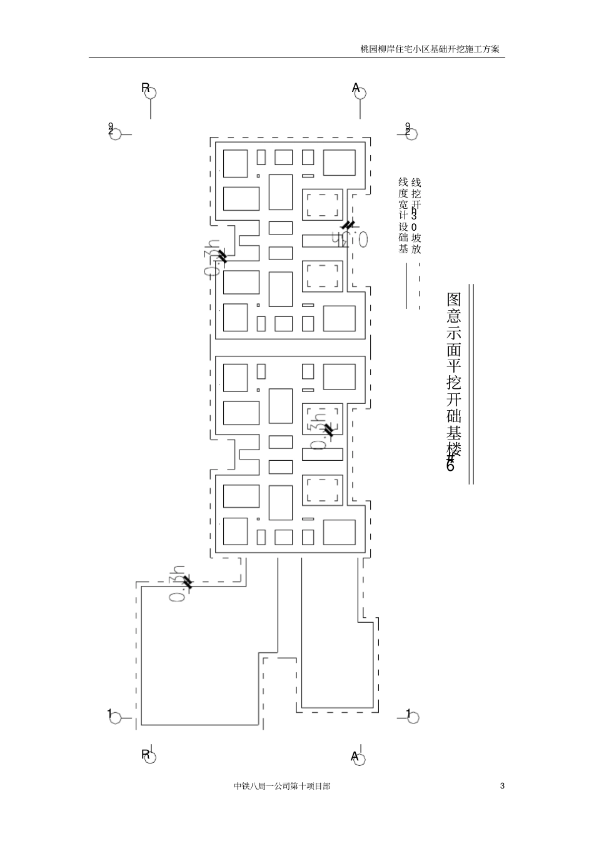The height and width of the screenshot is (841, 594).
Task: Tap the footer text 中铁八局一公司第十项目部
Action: click(x=282, y=786)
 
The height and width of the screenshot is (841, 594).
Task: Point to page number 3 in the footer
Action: click(x=502, y=786)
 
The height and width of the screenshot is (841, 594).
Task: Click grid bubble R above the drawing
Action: click(x=149, y=93)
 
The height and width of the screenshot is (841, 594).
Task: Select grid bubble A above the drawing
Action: click(x=360, y=93)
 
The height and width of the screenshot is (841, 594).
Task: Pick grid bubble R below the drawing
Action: click(x=149, y=756)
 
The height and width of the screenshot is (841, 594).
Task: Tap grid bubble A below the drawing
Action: click(x=359, y=757)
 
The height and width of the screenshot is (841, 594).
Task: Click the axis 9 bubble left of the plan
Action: click(x=115, y=134)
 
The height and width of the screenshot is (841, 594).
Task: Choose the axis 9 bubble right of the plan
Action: click(x=411, y=133)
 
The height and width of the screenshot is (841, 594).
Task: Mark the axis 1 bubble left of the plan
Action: click(x=115, y=717)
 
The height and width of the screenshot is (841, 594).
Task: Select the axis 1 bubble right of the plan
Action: click(x=412, y=717)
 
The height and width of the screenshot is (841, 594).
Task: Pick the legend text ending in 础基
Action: click(x=403, y=216)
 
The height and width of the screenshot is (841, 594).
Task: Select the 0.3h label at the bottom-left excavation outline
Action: click(x=179, y=584)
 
